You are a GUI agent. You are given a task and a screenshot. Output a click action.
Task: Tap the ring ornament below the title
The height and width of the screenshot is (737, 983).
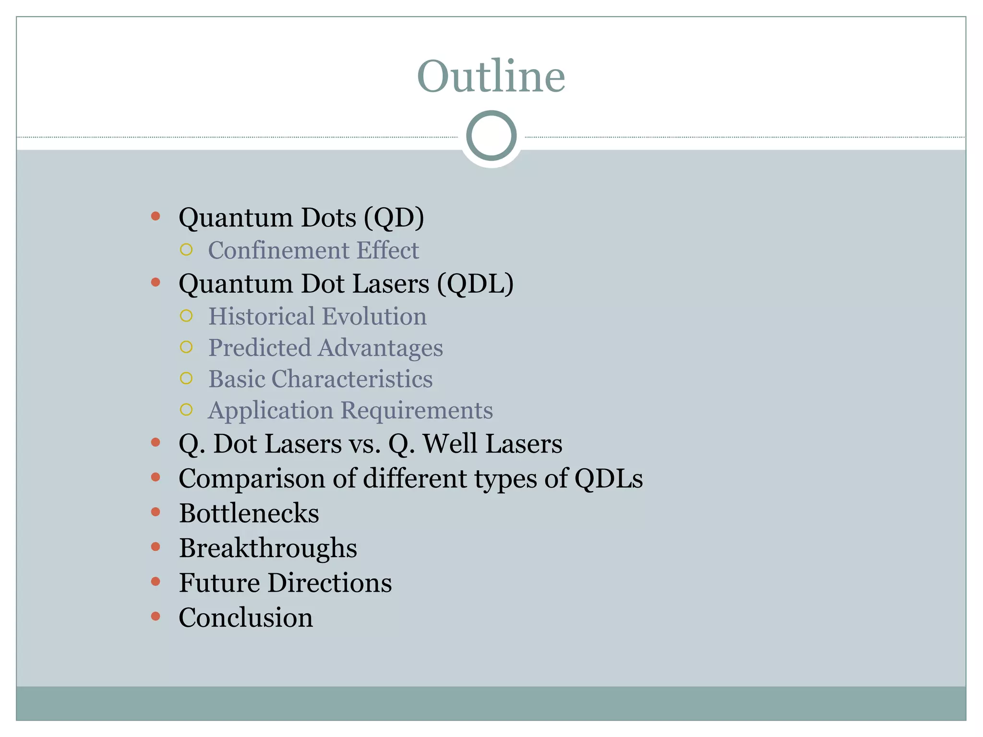[x=491, y=135]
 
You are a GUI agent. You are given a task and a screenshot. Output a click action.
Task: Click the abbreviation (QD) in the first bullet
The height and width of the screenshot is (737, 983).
[x=394, y=217]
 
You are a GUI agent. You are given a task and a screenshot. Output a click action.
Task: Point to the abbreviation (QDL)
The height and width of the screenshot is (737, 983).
[x=475, y=284]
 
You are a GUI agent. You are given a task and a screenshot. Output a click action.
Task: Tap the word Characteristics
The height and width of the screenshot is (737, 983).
[x=352, y=379]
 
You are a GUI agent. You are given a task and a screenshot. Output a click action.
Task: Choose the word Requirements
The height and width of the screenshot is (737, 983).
[x=417, y=410]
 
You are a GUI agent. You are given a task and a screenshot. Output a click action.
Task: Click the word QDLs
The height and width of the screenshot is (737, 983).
[x=609, y=478]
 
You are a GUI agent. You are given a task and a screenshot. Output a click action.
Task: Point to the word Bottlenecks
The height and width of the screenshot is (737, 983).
[x=249, y=513]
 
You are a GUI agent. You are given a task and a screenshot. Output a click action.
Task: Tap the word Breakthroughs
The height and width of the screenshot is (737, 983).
[x=268, y=548]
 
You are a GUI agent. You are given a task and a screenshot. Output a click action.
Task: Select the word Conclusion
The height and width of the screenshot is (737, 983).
[x=246, y=618]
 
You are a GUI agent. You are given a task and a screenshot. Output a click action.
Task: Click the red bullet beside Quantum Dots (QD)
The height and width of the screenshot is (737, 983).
[x=156, y=216]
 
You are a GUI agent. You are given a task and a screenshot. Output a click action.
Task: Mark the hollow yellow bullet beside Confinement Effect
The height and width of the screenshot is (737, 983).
[x=186, y=250]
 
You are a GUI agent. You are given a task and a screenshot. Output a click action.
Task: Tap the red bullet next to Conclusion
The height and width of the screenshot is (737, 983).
[x=156, y=616]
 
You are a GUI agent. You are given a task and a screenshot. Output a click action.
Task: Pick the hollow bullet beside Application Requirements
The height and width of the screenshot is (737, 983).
[x=186, y=410]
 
